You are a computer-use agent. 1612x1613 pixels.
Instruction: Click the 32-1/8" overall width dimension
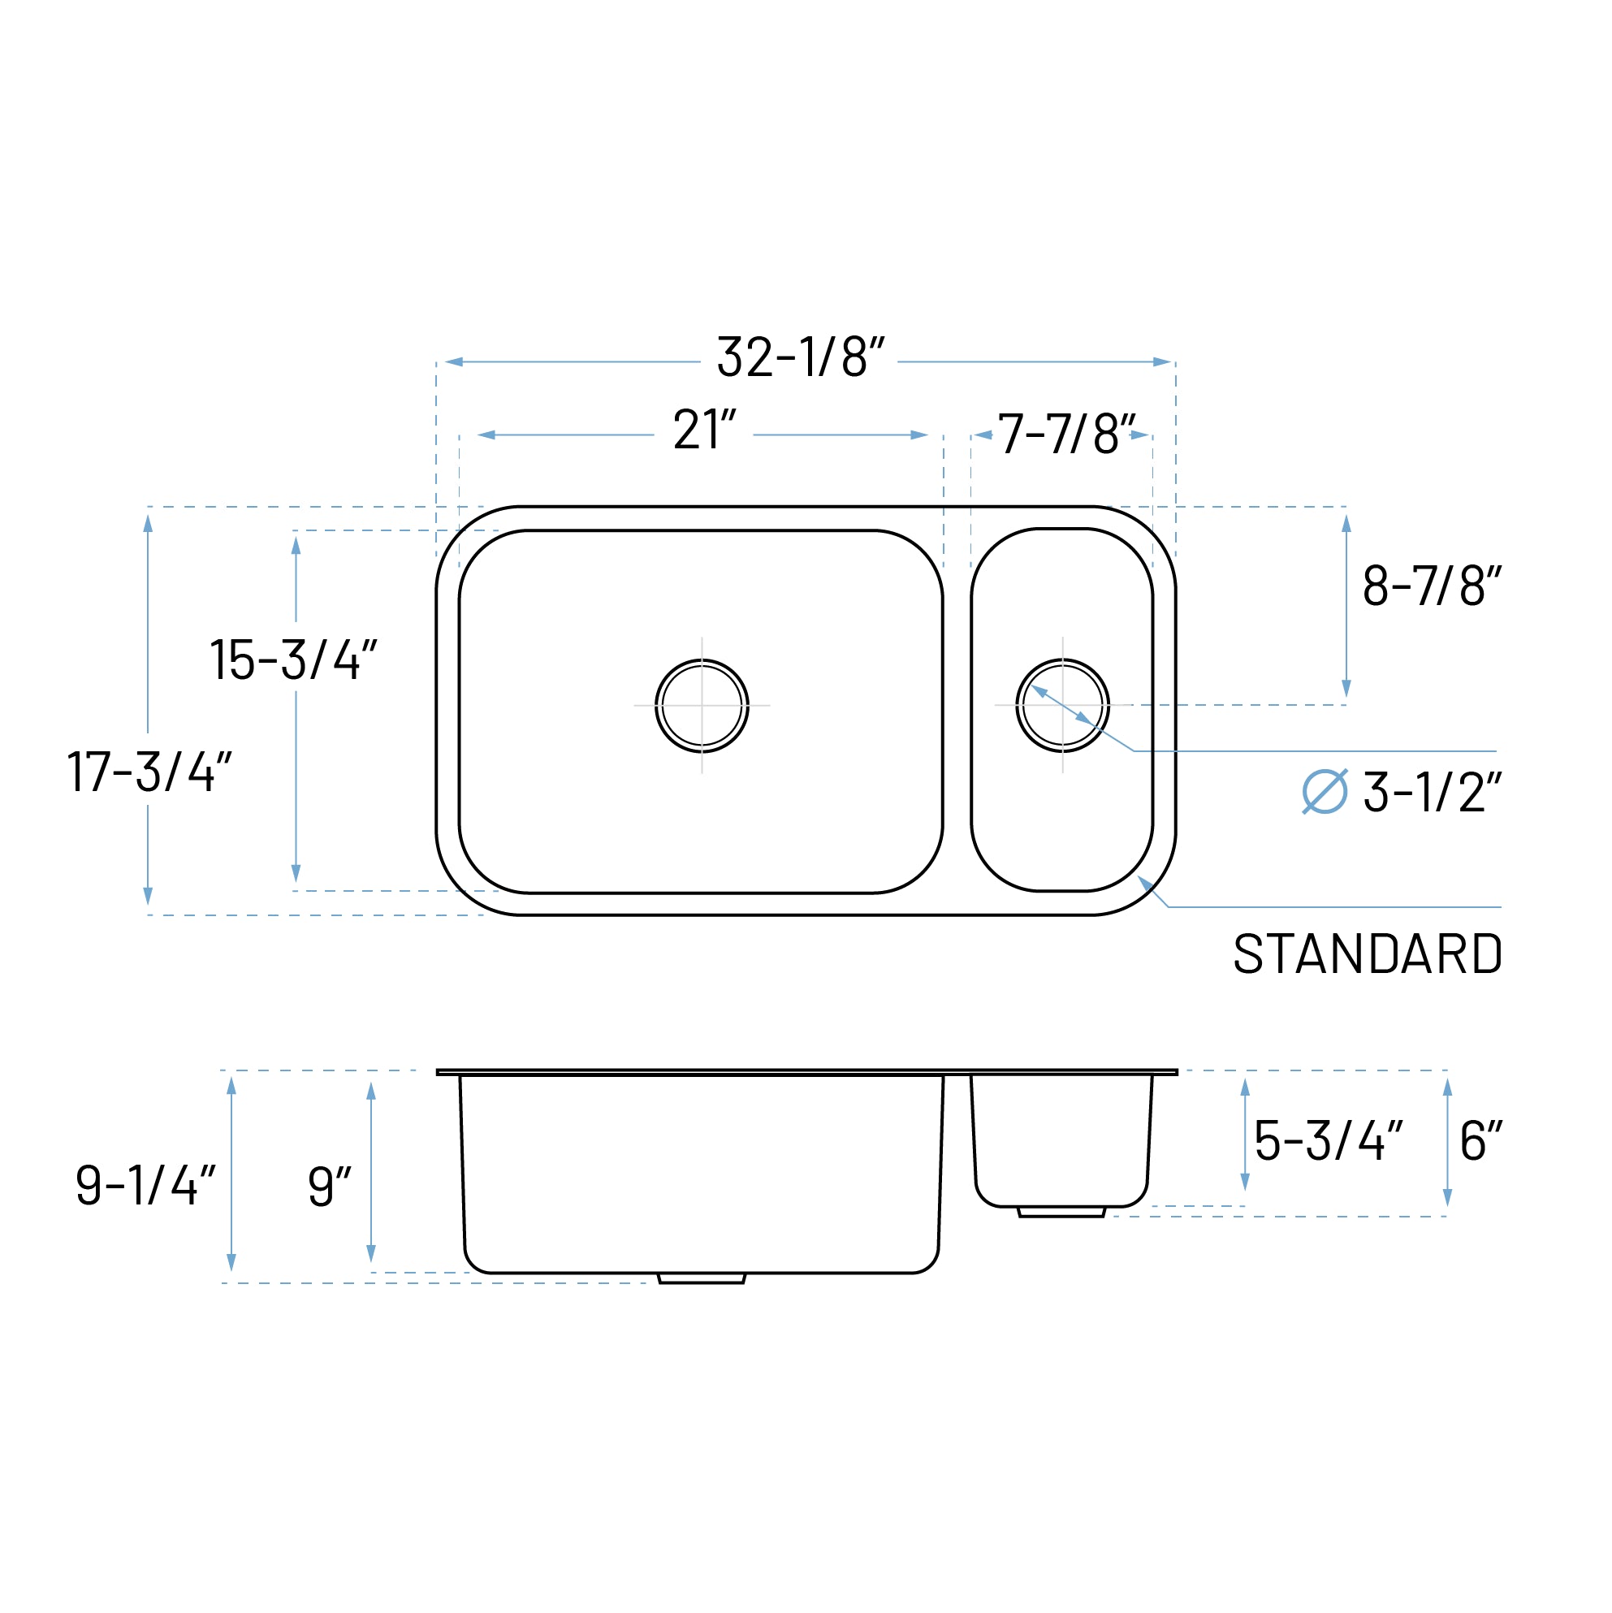pos(800,357)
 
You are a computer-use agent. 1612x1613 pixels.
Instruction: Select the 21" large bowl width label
pos(705,430)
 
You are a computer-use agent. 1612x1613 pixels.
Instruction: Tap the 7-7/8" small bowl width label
pos(1066,434)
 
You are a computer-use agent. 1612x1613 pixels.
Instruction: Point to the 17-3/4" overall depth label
pos(149,772)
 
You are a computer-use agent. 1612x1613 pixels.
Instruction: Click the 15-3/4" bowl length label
pos(293,660)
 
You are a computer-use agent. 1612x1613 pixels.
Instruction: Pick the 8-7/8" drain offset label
pos(1431,586)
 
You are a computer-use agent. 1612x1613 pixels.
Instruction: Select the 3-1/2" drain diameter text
pos(1431,793)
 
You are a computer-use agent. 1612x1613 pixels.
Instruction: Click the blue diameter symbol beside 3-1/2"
pos(1324,791)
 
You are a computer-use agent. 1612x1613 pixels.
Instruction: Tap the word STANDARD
pos(1368,954)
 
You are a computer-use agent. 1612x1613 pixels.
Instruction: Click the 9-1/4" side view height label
pos(146,1185)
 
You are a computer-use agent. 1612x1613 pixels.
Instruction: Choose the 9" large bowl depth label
pos(329,1186)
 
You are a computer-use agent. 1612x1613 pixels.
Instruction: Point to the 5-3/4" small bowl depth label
pos(1328,1140)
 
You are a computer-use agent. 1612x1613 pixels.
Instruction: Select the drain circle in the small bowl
pos(1062,706)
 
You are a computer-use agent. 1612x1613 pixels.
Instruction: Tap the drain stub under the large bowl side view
pos(701,1278)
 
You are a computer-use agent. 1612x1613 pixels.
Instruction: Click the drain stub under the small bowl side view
pos(1061,1212)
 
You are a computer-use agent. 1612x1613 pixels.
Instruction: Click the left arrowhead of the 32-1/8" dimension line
pos(453,361)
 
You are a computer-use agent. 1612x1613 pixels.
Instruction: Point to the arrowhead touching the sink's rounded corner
pos(1145,883)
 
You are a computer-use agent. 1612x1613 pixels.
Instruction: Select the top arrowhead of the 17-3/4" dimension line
pos(148,524)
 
